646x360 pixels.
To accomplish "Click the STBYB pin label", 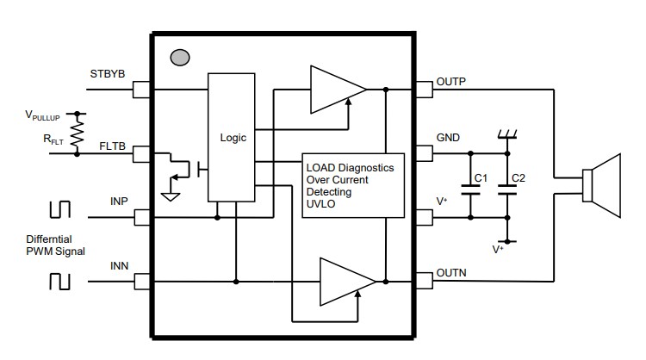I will pos(108,74).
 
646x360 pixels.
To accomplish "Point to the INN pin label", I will pos(119,267).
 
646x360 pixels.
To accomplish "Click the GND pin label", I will pos(449,138).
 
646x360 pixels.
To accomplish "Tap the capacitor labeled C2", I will pos(507,191).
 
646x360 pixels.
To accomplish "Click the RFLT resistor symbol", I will pos(78,134).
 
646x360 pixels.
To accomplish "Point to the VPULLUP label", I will pos(46,114).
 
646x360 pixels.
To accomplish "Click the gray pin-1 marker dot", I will pos(180,58).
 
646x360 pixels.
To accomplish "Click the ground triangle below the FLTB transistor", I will pos(171,196).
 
